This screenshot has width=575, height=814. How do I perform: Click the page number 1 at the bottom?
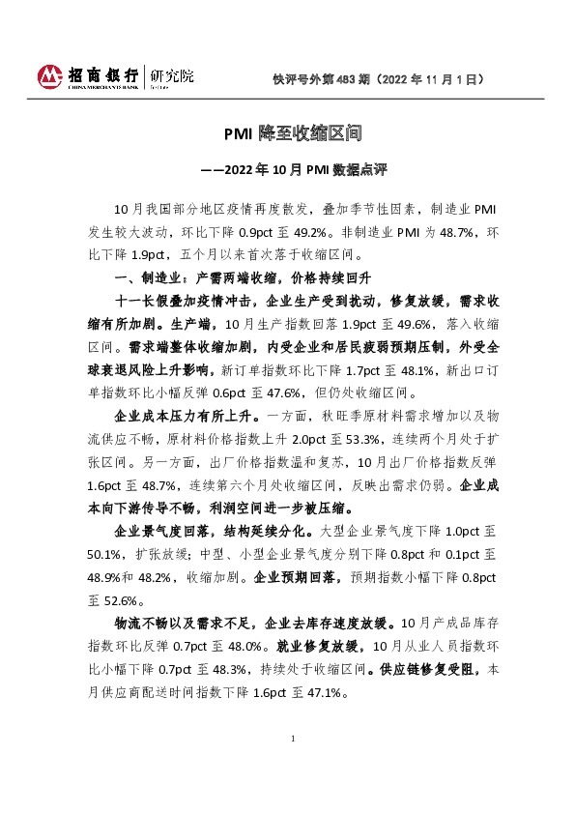[292, 766]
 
